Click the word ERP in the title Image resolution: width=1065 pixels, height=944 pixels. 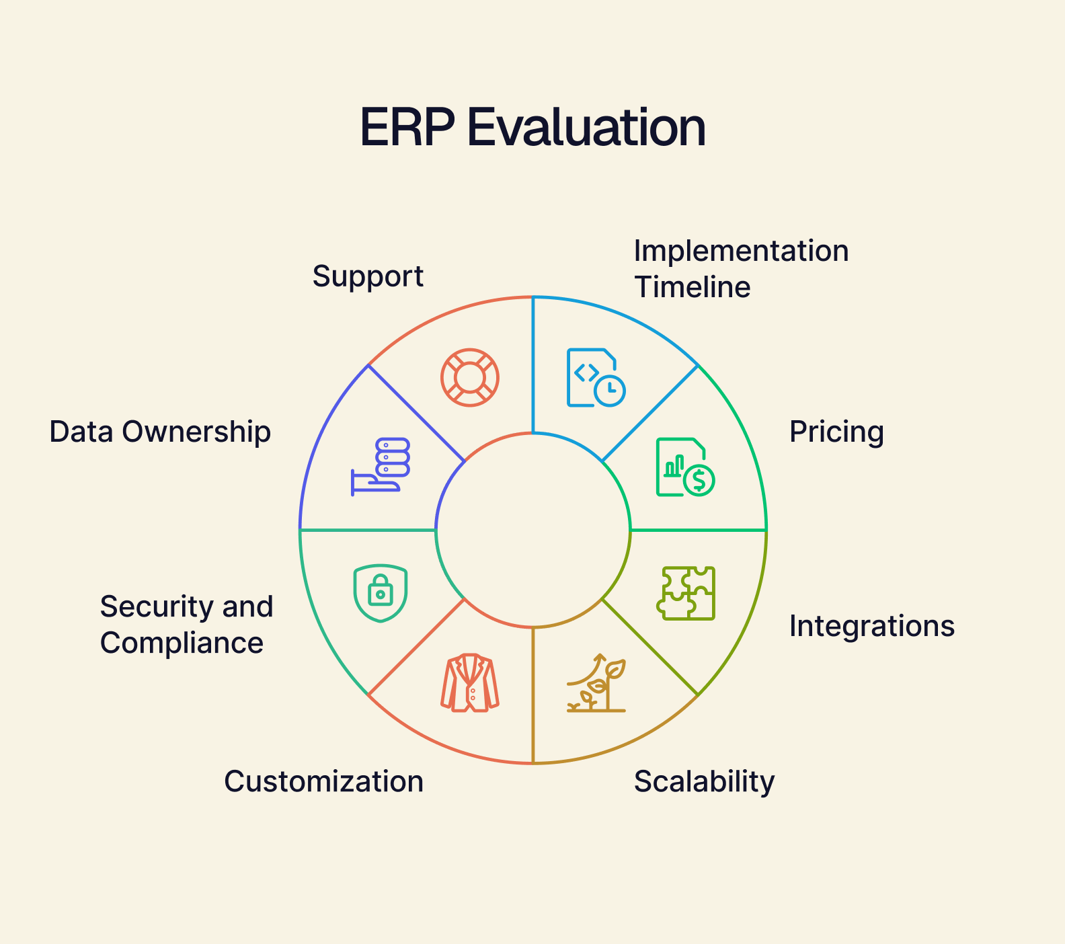[x=407, y=127]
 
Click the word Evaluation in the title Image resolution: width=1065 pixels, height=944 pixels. [x=586, y=127]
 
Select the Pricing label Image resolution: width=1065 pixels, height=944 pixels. [x=836, y=432]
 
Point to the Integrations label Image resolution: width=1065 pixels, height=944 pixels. [x=872, y=627]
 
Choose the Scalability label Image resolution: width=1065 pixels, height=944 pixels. [x=704, y=782]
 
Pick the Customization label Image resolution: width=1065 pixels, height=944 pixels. [x=323, y=781]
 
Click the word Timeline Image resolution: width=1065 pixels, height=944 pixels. [x=693, y=287]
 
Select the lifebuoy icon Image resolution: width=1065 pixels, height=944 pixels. [x=470, y=377]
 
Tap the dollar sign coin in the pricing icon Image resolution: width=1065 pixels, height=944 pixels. [x=699, y=480]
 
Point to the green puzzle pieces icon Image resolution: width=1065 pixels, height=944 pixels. [x=686, y=593]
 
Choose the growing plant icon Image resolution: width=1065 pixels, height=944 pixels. [x=596, y=682]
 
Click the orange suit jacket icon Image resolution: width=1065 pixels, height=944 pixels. [x=470, y=682]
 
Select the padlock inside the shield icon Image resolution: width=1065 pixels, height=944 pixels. [x=381, y=590]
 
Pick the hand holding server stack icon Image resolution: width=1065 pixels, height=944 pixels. [x=381, y=467]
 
